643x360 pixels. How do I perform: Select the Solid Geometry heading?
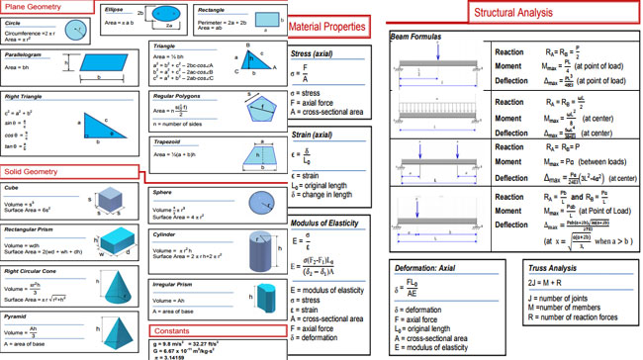point(33,172)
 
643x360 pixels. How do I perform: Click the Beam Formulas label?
point(415,36)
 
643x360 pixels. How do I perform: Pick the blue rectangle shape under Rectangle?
point(263,20)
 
